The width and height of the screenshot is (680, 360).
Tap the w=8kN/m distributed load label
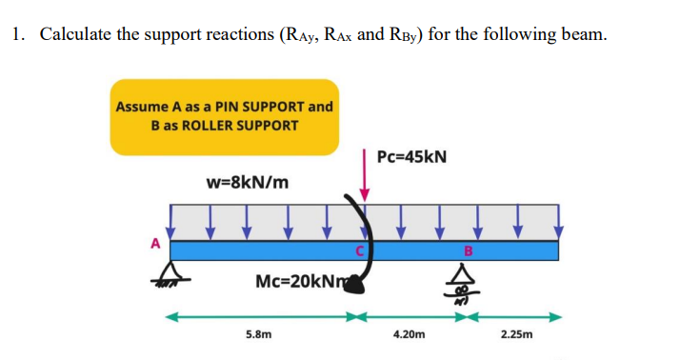tap(248, 182)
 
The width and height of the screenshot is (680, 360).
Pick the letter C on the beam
tap(359, 251)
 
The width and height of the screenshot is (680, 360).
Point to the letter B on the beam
tap(468, 251)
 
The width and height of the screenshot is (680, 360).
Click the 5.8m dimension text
tap(258, 335)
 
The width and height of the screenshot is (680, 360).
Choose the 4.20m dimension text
tap(410, 335)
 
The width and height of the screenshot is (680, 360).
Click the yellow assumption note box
tap(225, 116)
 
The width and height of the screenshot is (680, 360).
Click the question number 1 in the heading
tap(18, 35)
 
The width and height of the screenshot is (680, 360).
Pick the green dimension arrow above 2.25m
tap(514, 315)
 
